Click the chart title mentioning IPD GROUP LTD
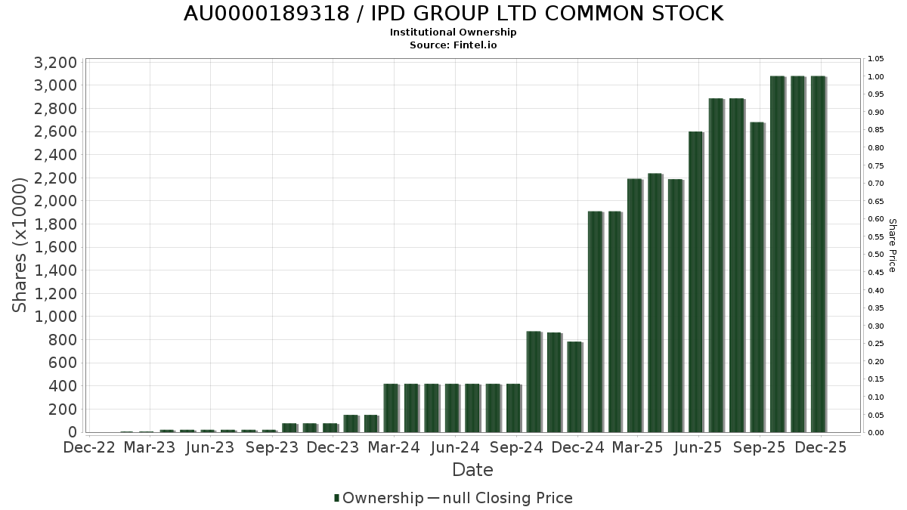(453, 14)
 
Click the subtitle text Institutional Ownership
(453, 32)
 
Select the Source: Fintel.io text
(453, 45)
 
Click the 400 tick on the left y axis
(62, 386)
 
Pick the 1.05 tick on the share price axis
(876, 59)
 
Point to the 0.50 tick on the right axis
(876, 255)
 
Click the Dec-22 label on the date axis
(89, 448)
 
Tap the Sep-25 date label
(760, 448)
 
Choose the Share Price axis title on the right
(892, 246)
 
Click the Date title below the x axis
(472, 470)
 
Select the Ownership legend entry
(379, 498)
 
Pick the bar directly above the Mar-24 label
(391, 408)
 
